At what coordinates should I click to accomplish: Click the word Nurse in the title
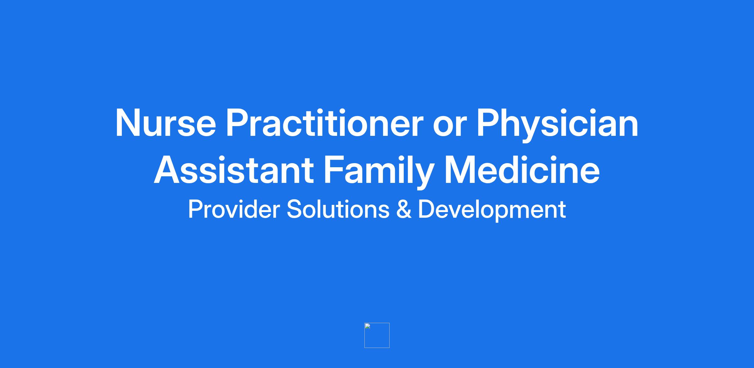click(166, 123)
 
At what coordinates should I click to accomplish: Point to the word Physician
click(557, 125)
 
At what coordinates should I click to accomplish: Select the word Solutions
click(338, 209)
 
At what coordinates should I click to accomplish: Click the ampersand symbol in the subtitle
click(404, 209)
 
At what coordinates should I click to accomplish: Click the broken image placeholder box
click(377, 335)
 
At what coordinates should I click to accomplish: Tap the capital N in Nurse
click(129, 123)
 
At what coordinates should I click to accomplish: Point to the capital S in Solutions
click(294, 209)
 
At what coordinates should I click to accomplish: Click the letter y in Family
click(423, 177)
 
